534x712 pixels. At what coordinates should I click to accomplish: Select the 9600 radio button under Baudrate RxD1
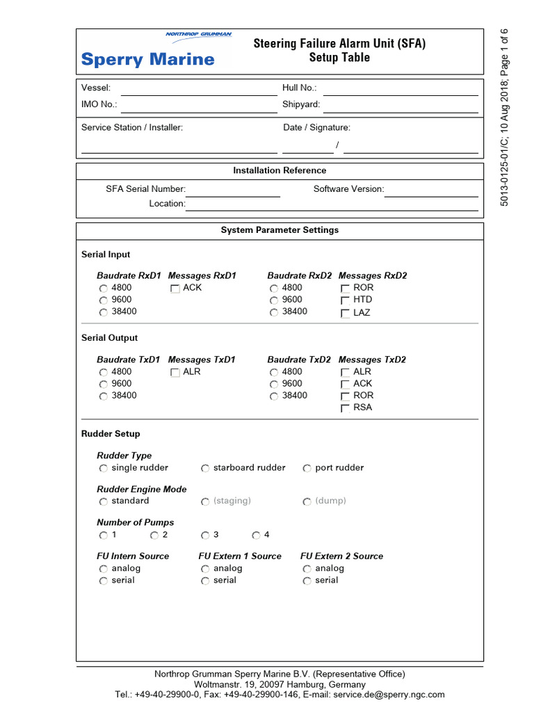(104, 300)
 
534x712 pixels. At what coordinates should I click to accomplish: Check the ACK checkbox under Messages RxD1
(175, 289)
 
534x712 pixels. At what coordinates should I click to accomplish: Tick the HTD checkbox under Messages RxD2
(345, 300)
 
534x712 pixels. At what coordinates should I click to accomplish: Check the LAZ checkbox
(345, 314)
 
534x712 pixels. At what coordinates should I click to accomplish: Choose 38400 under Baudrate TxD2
(274, 396)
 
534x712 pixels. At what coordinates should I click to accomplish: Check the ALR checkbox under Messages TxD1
(175, 373)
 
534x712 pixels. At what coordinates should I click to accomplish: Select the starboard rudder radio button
(206, 469)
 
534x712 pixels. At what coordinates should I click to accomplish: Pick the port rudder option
(307, 469)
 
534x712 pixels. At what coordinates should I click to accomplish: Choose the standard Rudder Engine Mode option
(104, 502)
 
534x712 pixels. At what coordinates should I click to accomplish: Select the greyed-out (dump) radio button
(307, 502)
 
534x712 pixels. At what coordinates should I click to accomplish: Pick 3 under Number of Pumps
(206, 535)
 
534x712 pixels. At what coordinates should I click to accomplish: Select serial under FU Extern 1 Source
(206, 581)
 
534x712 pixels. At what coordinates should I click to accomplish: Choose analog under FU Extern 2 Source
(307, 569)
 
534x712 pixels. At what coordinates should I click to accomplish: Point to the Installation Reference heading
(280, 170)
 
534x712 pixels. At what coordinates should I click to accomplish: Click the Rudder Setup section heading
(111, 434)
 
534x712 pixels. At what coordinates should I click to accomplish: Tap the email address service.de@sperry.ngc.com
(389, 695)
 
